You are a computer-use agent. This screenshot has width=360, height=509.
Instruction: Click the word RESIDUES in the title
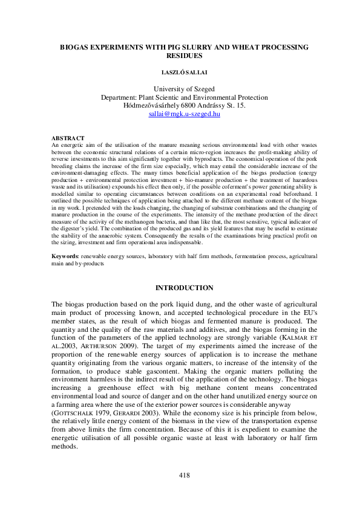[x=180, y=55]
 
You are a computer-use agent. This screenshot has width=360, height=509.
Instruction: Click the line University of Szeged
[x=180, y=89]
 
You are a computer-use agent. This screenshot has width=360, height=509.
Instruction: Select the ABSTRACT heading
[x=68, y=138]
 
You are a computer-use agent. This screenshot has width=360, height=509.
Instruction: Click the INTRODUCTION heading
[x=184, y=288]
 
